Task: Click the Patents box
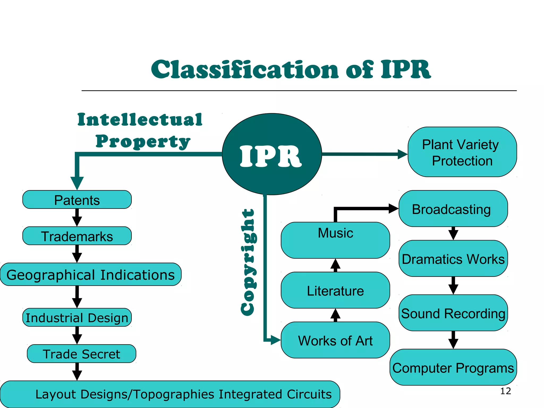[77, 200]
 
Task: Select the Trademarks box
[77, 236]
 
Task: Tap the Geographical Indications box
[91, 274]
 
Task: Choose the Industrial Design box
[77, 317]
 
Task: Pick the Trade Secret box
[81, 354]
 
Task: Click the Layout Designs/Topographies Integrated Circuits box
[170, 394]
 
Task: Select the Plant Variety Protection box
[462, 152]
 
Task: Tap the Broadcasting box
[453, 209]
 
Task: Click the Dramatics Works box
[453, 259]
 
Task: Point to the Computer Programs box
[453, 367]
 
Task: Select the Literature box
[335, 290]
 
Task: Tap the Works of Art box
[335, 340]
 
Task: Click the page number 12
[505, 391]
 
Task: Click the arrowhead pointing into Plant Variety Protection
[402, 154]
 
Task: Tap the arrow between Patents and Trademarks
[77, 218]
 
